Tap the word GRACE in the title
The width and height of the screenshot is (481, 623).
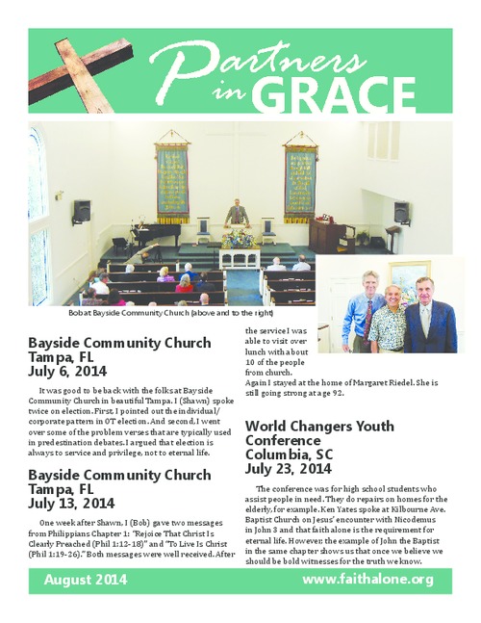(318, 96)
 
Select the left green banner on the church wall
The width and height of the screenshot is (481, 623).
(174, 182)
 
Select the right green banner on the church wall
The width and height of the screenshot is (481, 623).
(299, 182)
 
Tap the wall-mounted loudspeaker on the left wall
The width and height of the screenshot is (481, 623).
(82, 211)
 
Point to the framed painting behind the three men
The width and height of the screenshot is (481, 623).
(409, 280)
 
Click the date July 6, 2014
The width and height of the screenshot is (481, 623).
(67, 371)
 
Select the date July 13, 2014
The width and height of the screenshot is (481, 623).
(71, 503)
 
